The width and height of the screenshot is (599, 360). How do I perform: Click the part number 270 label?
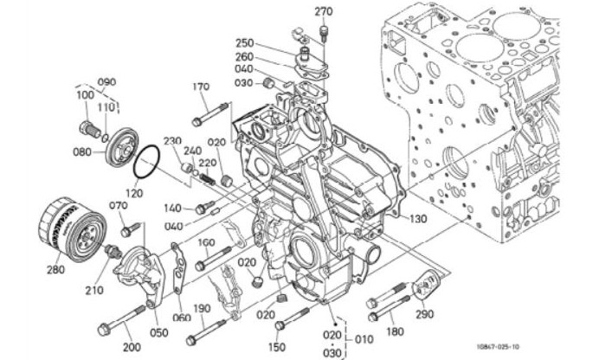pos(323,11)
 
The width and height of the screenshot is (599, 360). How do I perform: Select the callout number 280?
pos(55,269)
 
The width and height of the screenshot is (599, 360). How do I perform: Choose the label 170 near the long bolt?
pos(201,87)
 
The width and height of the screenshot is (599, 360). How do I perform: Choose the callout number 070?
pos(119,205)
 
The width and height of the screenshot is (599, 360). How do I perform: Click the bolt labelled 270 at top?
pos(326,33)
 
